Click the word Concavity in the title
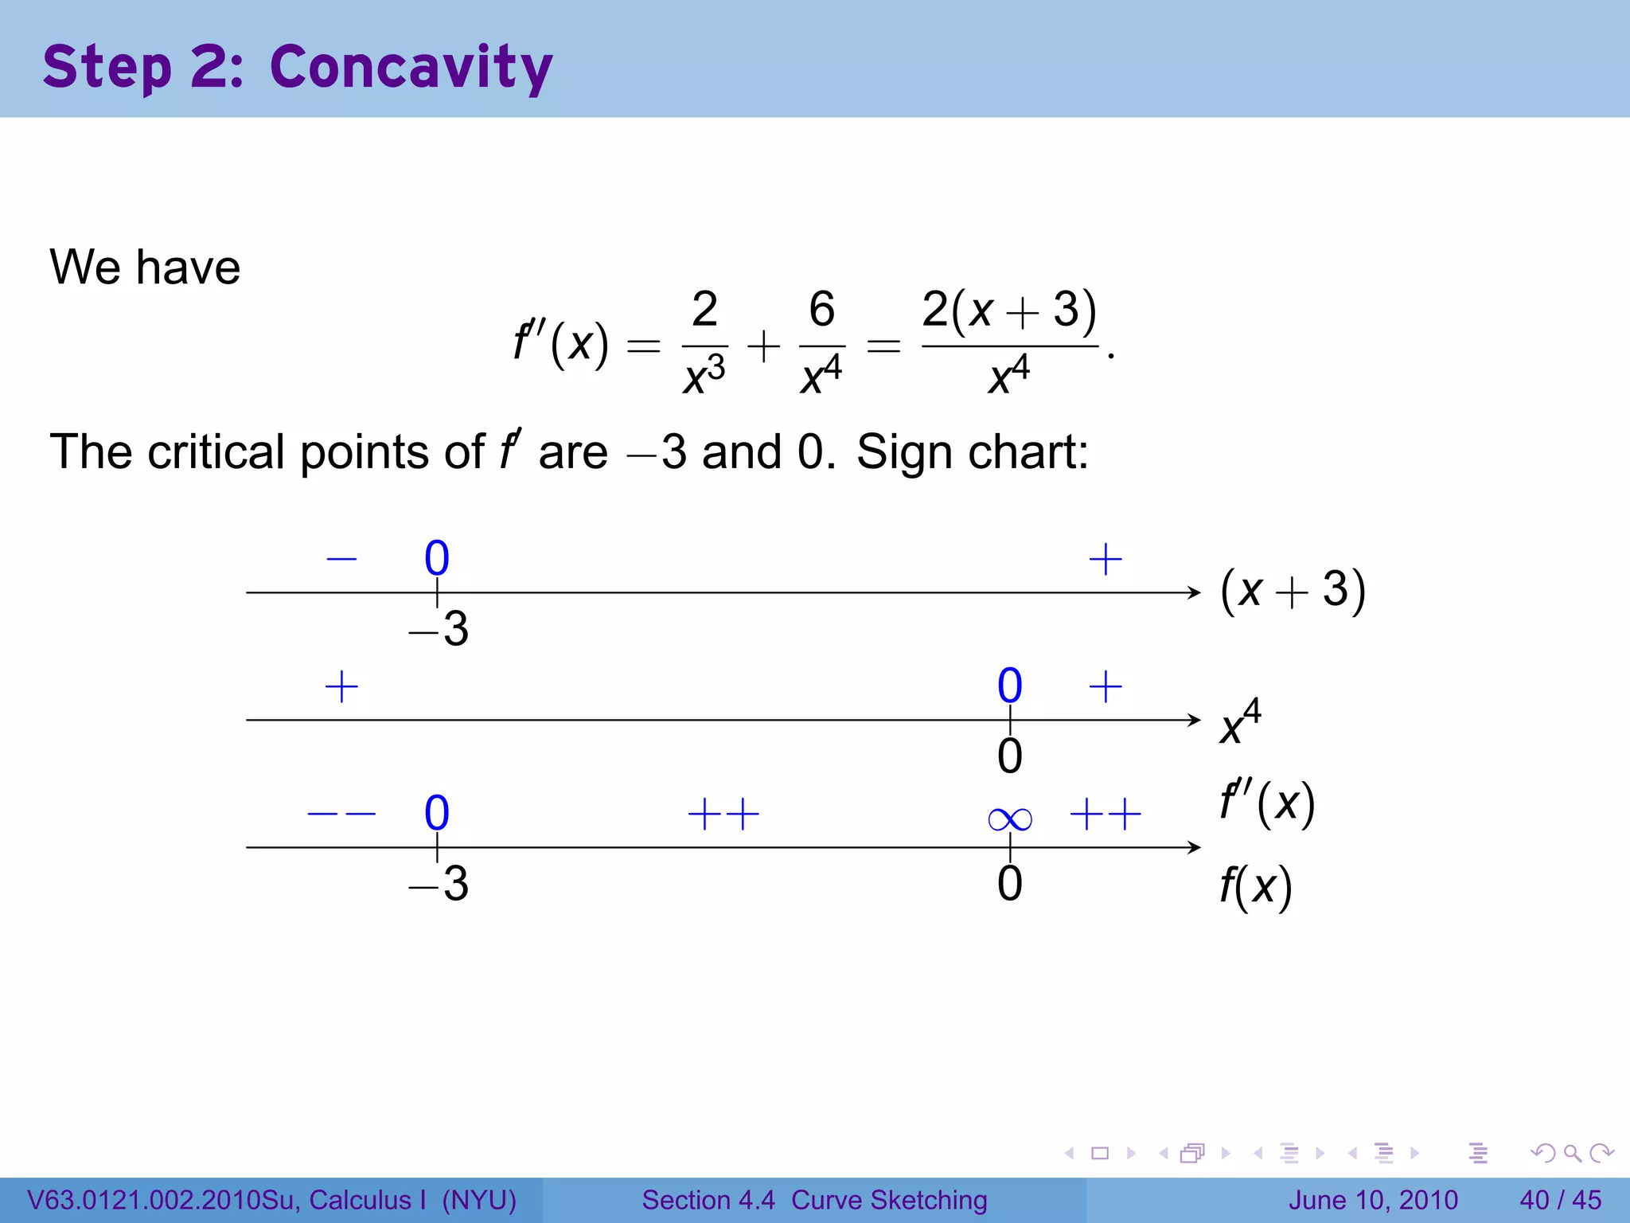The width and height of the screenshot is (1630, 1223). (x=411, y=68)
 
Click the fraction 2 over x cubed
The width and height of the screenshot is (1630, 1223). (x=704, y=343)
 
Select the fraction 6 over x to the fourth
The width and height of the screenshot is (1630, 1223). (x=821, y=343)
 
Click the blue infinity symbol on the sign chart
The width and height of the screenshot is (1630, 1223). (x=1009, y=819)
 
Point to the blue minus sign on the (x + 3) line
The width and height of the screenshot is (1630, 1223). (x=341, y=558)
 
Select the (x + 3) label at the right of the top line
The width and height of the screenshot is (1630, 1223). (x=1293, y=591)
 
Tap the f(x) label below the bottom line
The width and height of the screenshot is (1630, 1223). (x=1255, y=885)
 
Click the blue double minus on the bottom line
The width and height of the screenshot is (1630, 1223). (x=341, y=814)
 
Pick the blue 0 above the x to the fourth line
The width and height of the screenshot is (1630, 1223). (x=1009, y=686)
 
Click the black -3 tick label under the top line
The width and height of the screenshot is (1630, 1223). (x=439, y=629)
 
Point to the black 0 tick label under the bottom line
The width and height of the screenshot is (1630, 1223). (x=1009, y=884)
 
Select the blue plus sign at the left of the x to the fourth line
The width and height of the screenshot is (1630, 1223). (x=341, y=686)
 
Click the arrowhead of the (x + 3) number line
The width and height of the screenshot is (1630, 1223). (x=1194, y=592)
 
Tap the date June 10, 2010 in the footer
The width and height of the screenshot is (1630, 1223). (x=1373, y=1200)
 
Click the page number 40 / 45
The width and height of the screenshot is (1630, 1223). (x=1560, y=1200)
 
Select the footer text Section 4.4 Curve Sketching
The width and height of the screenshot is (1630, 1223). (x=814, y=1200)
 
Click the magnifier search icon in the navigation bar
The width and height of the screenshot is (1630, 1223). (x=1572, y=1153)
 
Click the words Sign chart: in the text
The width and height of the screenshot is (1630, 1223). (x=972, y=452)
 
